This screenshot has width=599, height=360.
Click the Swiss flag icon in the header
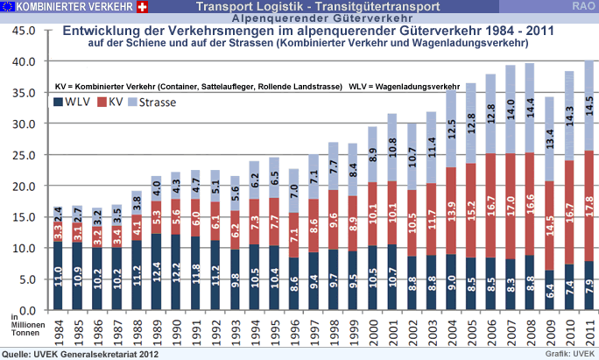[144, 7]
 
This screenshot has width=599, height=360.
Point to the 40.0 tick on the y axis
[22, 61]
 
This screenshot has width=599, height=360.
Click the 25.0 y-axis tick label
[22, 155]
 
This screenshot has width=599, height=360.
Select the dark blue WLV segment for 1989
[157, 272]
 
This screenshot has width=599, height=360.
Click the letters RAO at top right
[583, 7]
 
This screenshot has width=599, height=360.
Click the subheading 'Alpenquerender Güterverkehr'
[299, 18]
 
